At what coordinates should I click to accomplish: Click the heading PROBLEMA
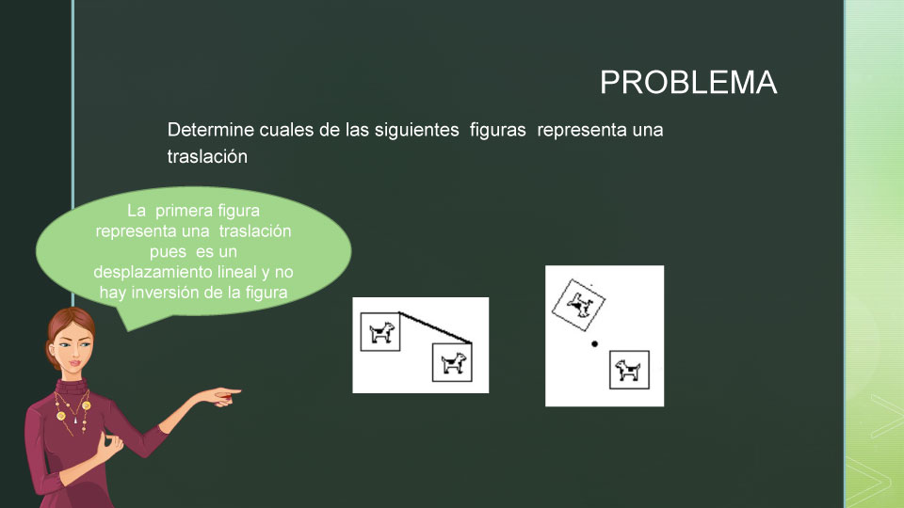(x=688, y=83)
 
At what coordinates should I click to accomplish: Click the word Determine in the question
(x=211, y=130)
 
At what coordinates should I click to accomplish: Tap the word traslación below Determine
(x=207, y=156)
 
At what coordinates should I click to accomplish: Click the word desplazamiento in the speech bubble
(x=153, y=273)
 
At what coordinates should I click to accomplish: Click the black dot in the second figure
(x=594, y=344)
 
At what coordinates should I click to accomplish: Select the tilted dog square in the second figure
(x=579, y=305)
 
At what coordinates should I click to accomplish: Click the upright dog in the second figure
(x=628, y=370)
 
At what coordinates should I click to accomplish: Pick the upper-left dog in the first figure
(x=381, y=332)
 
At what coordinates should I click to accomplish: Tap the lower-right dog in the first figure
(x=453, y=363)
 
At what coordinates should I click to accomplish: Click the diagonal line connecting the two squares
(x=435, y=328)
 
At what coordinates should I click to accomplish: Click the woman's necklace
(x=73, y=411)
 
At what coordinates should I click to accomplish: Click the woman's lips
(x=75, y=364)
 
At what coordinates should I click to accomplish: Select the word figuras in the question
(x=497, y=131)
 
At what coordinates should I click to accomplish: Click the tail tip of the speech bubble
(x=128, y=330)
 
